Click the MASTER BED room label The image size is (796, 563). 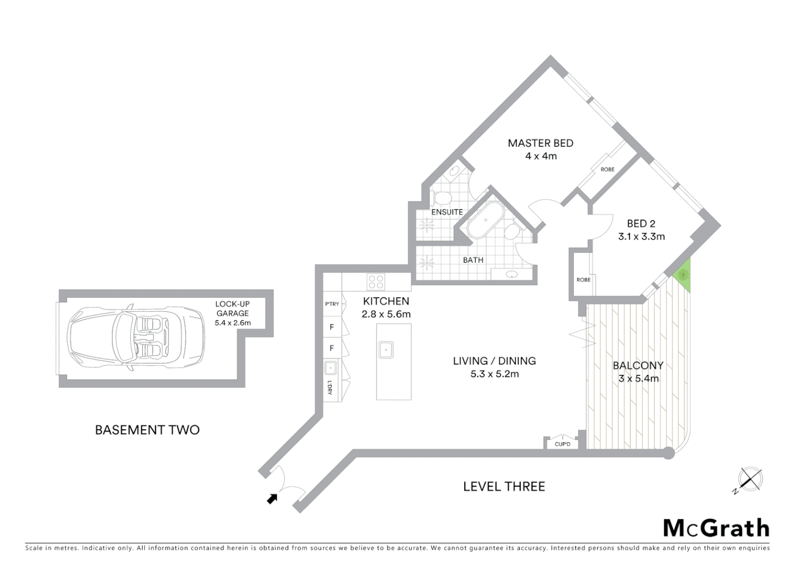[540, 143]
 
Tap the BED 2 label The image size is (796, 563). [641, 224]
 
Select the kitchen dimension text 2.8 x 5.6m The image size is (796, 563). [386, 314]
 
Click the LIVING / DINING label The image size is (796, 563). [494, 361]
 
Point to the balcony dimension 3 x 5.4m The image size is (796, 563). [638, 378]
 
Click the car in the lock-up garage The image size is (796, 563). [136, 338]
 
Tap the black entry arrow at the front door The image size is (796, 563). [272, 499]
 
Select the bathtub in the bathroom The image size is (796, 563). [485, 222]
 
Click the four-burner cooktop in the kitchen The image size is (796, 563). [376, 282]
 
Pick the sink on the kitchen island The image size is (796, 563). [386, 350]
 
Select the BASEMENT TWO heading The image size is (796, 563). [147, 430]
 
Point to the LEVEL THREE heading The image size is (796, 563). [504, 486]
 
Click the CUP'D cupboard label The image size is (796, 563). [563, 444]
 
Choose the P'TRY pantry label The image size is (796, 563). [332, 304]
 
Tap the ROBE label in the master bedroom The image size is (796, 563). [607, 169]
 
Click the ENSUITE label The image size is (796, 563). [447, 212]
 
